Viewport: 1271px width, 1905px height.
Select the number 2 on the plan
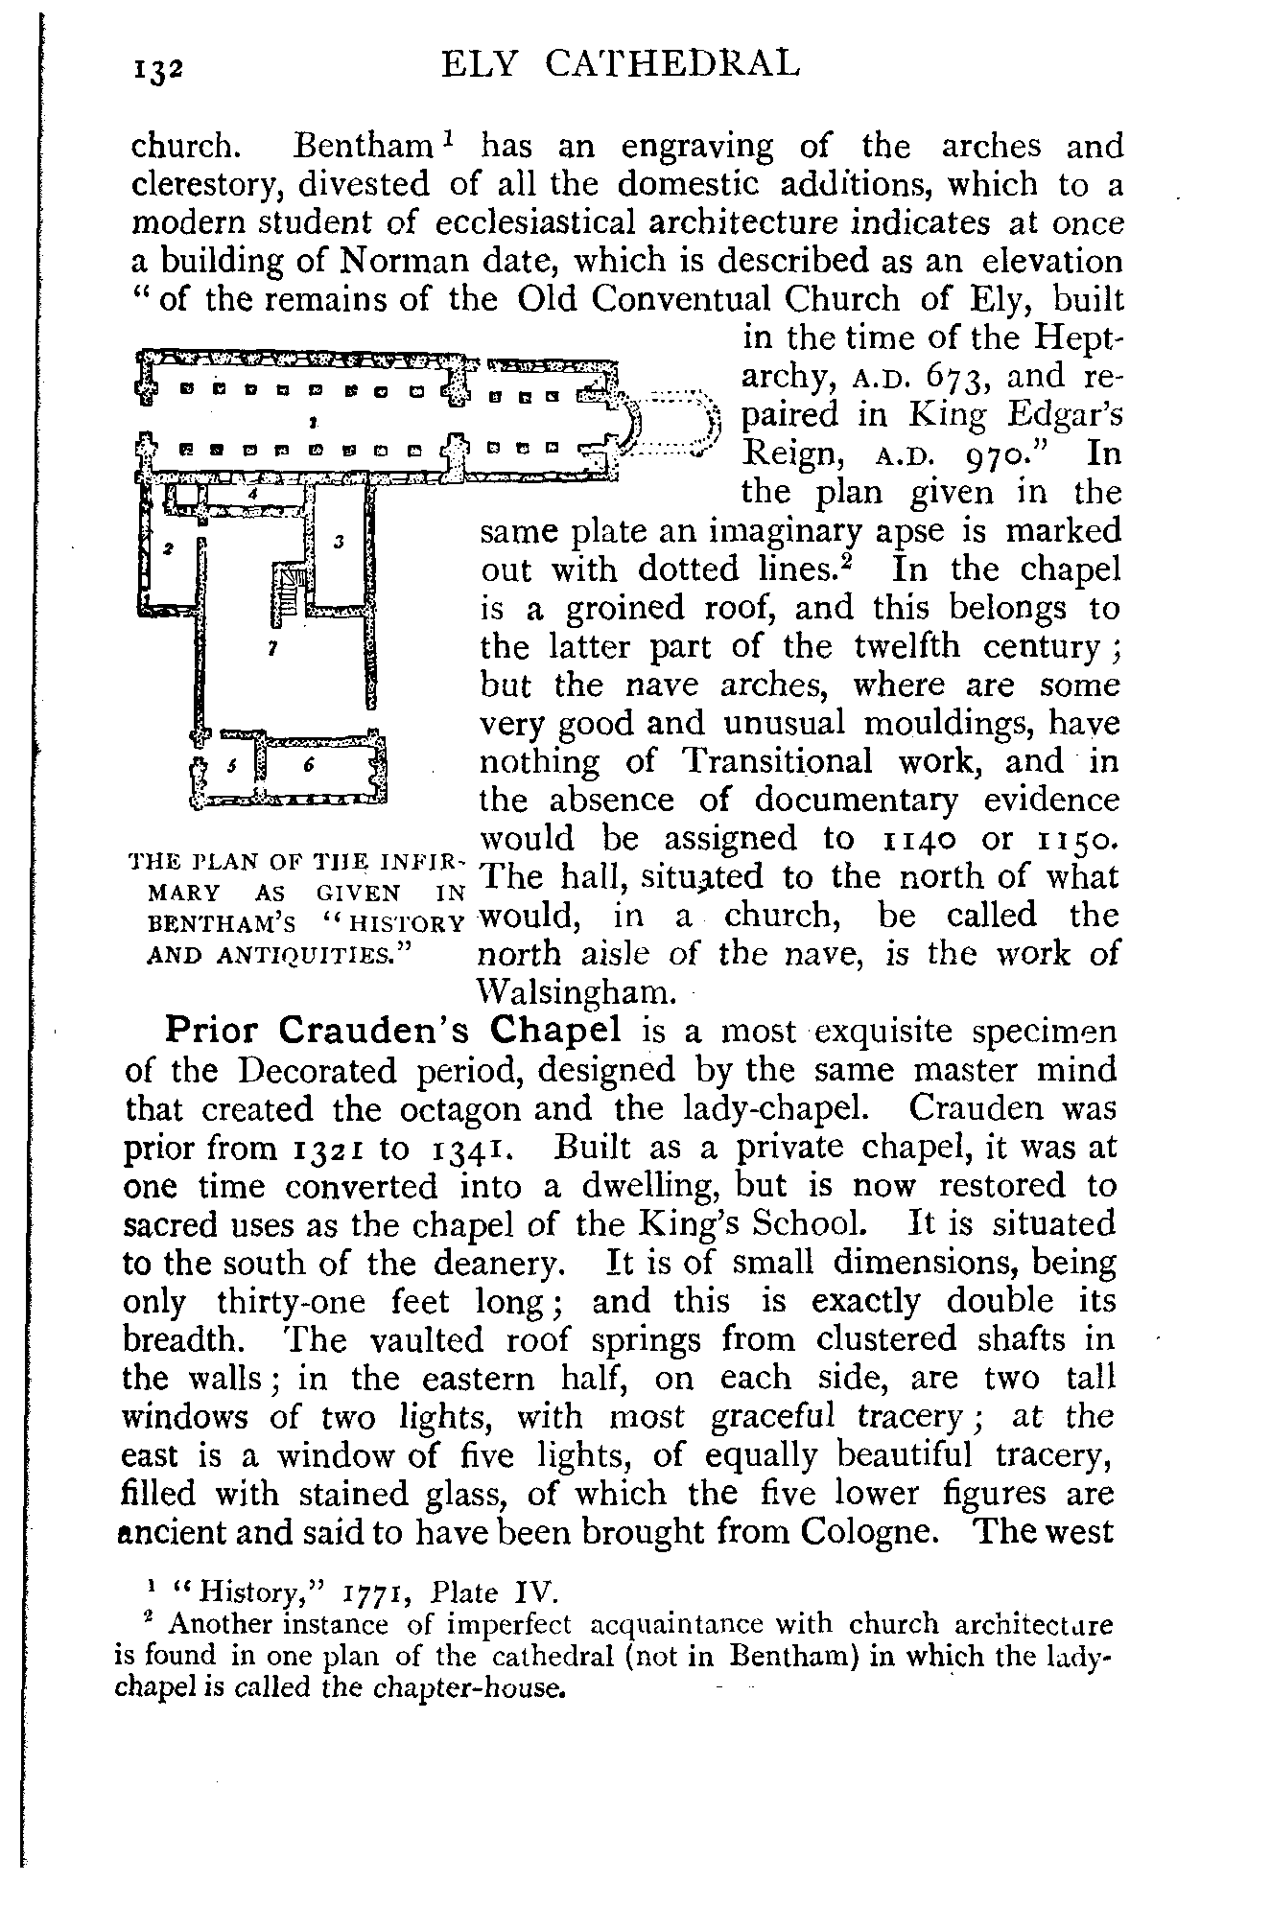[x=251, y=493]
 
